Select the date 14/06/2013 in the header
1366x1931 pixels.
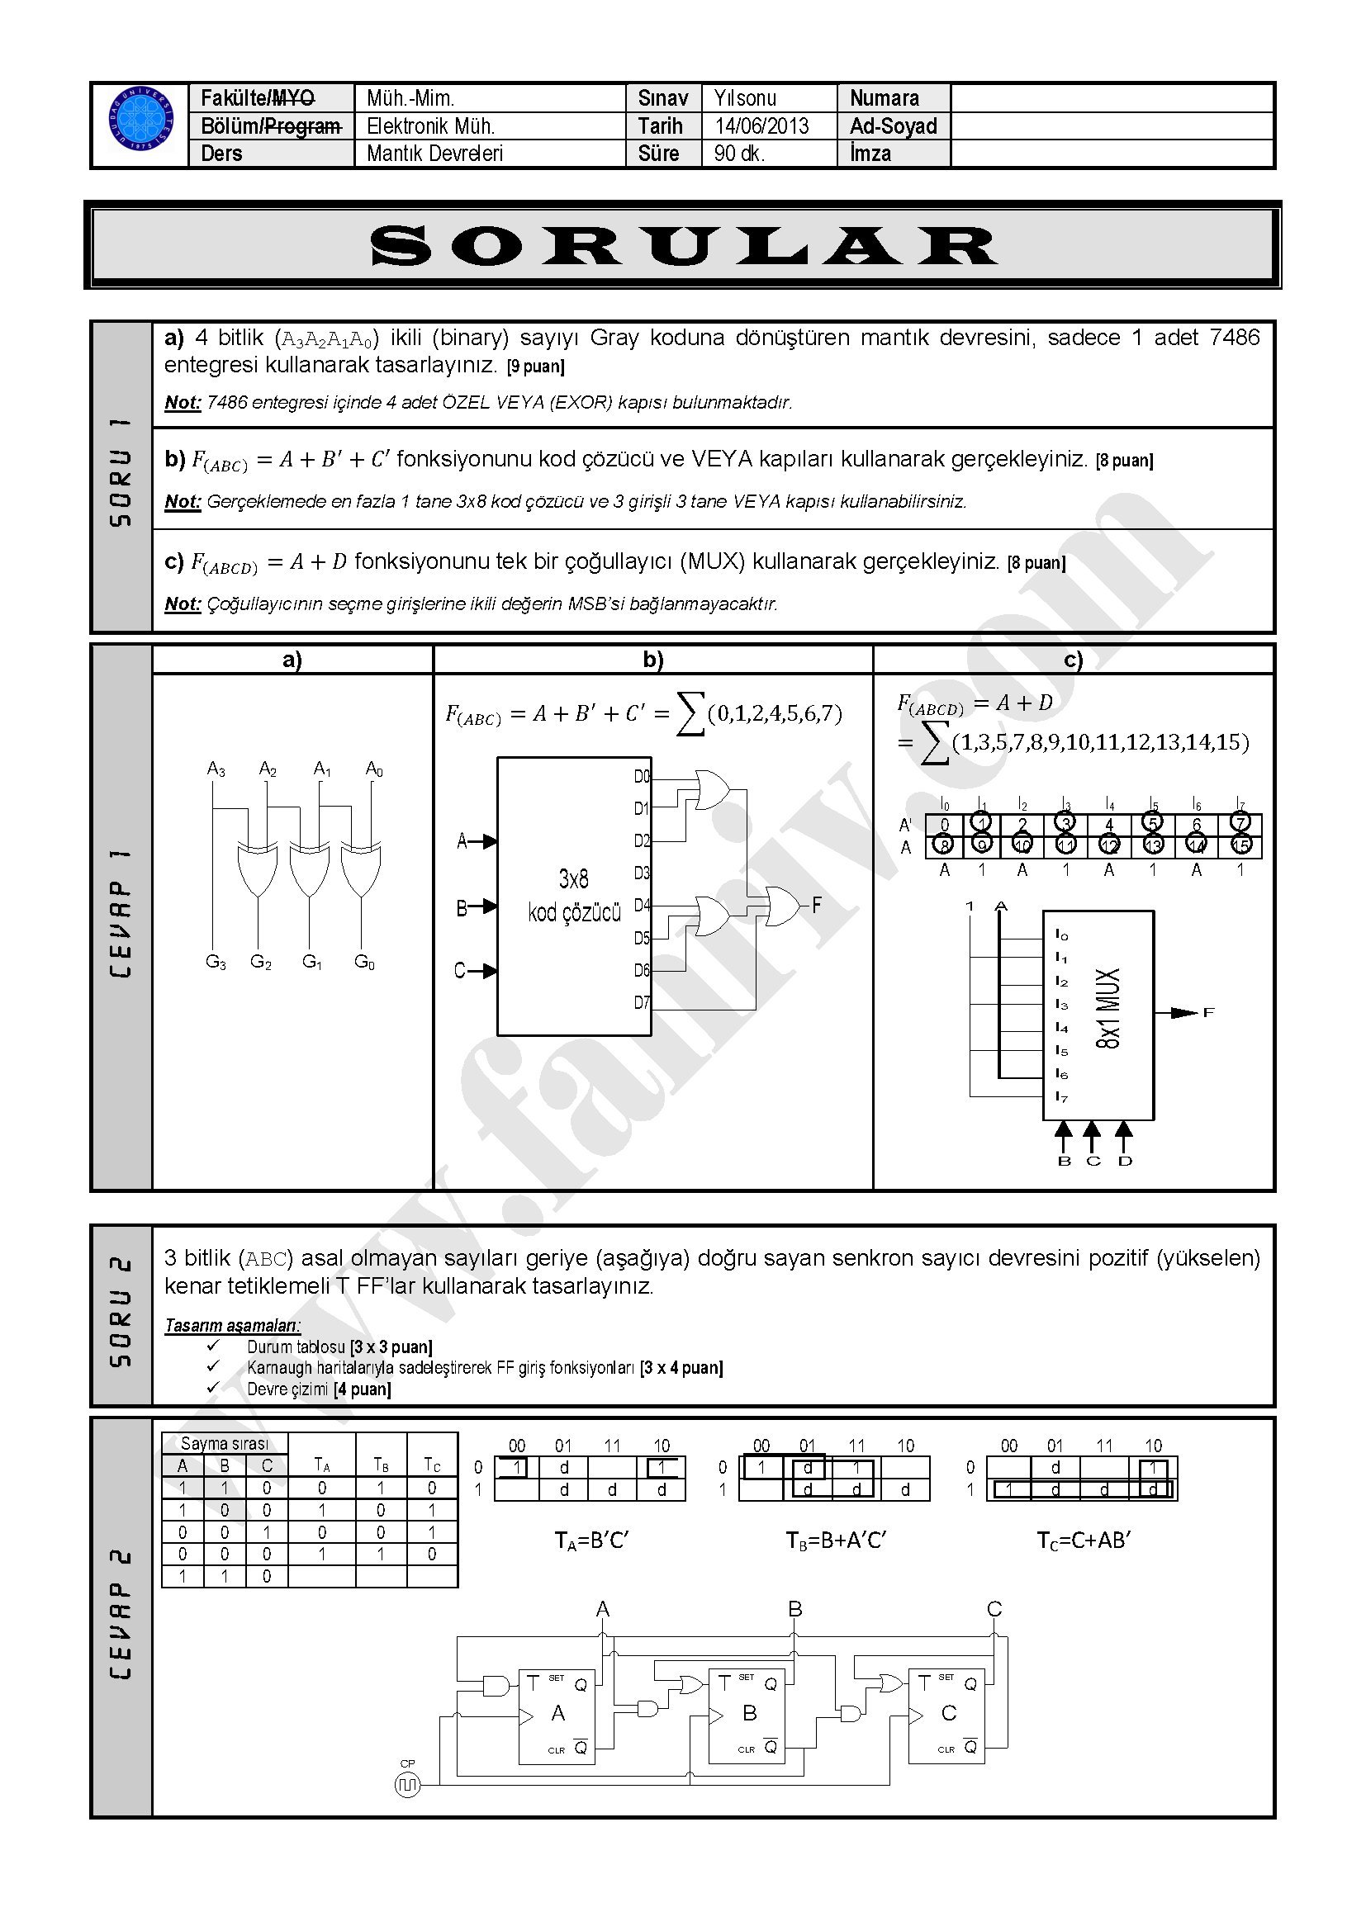click(761, 126)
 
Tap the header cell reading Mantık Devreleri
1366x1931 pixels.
click(435, 154)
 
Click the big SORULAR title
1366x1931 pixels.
click(683, 245)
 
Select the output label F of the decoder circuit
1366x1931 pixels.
click(817, 906)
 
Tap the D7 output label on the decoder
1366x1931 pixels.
click(642, 1002)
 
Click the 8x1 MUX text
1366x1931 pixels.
click(1108, 1007)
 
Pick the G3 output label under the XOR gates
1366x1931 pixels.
click(216, 962)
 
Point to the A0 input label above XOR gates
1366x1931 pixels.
click(374, 769)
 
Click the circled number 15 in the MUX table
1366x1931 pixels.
click(1241, 845)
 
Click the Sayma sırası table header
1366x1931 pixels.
click(225, 1443)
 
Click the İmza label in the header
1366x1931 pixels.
click(870, 154)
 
